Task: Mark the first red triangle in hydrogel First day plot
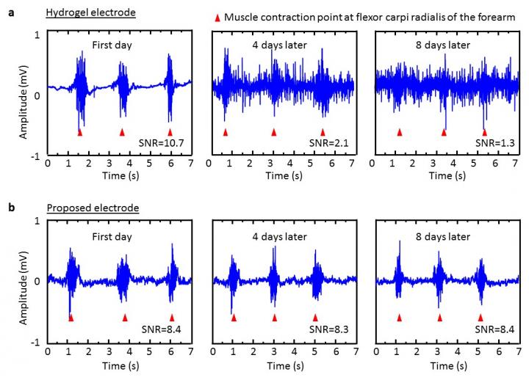80,132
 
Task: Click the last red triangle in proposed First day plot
172,318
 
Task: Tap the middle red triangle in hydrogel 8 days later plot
443,132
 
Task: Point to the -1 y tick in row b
37,343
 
